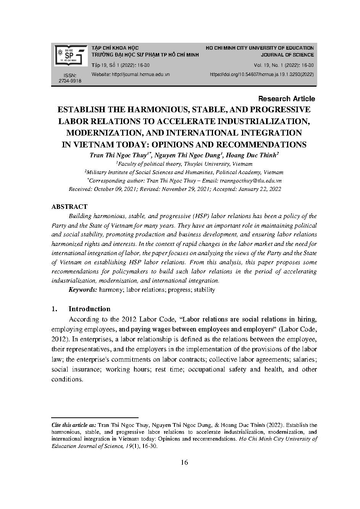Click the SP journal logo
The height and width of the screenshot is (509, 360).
(x=69, y=55)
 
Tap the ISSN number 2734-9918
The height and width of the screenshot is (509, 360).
(x=70, y=81)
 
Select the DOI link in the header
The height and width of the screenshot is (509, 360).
(x=262, y=74)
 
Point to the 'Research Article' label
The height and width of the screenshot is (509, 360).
(x=287, y=99)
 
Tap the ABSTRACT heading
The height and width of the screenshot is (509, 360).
(x=69, y=207)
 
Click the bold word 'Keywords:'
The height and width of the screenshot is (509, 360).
(x=83, y=290)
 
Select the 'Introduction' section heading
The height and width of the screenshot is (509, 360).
(x=89, y=309)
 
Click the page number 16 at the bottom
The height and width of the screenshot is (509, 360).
(x=184, y=462)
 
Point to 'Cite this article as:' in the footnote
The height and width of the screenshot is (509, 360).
(x=74, y=425)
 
